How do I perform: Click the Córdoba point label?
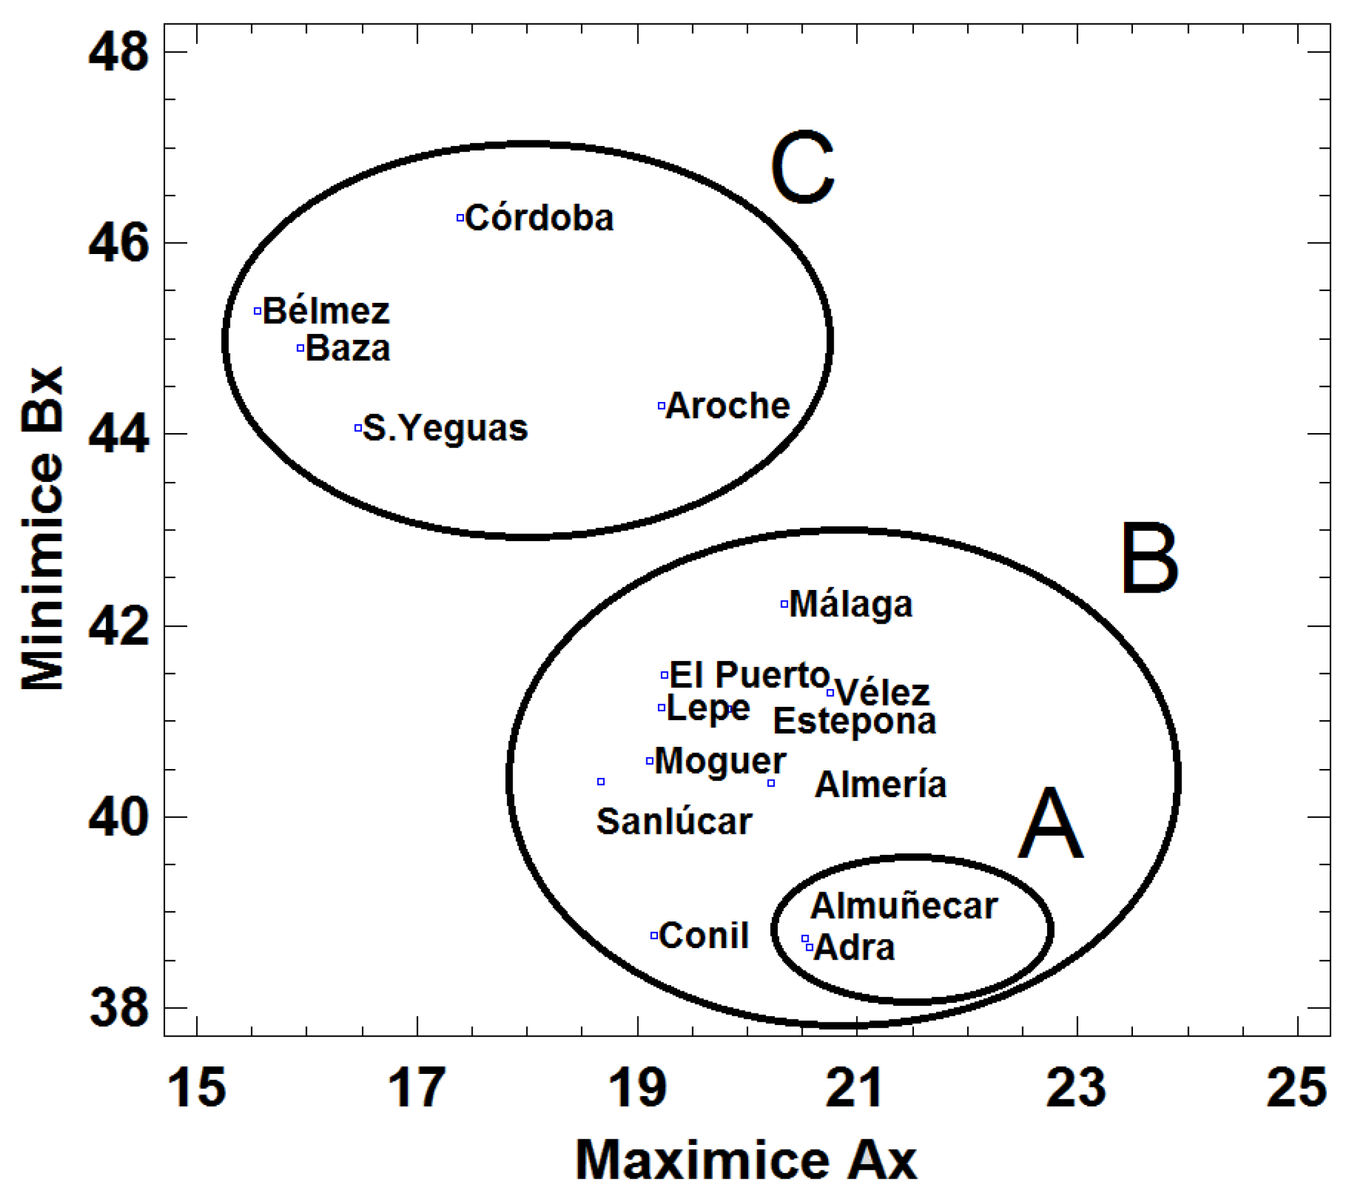tap(539, 219)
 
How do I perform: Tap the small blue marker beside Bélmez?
tap(258, 311)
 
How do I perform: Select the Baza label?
tap(348, 349)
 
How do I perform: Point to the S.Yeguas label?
tap(445, 429)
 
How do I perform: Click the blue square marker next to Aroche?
tap(662, 405)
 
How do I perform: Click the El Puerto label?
tap(749, 675)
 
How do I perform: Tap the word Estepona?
tap(855, 721)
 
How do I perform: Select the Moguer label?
tap(720, 761)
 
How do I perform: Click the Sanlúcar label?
tap(674, 822)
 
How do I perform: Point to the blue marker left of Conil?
tap(654, 935)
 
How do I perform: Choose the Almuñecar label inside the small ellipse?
tap(904, 906)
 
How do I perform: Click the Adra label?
tap(854, 948)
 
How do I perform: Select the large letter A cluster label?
tap(1050, 825)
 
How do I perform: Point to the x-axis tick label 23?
tap(1076, 1088)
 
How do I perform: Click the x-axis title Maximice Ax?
tap(746, 1160)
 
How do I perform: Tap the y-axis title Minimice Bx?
tap(43, 528)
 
